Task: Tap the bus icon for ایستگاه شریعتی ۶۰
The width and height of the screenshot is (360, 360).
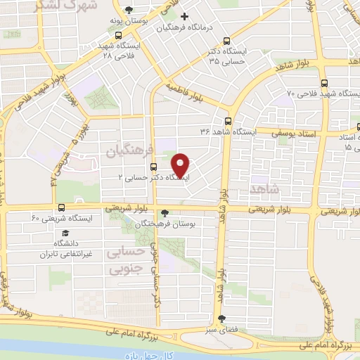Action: (x=62, y=207)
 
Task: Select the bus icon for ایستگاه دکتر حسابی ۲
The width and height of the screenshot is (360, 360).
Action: (x=153, y=167)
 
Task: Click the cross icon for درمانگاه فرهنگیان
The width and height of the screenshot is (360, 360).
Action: (x=184, y=16)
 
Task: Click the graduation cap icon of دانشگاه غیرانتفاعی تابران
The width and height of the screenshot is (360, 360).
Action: (x=65, y=232)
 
